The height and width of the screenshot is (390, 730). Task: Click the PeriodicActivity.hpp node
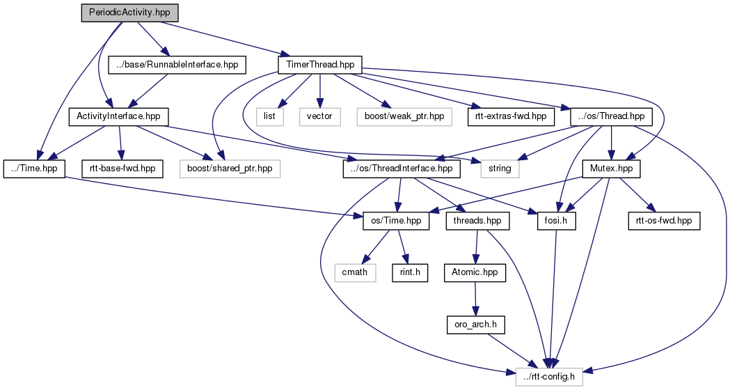point(129,13)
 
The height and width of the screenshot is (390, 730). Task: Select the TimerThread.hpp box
point(319,65)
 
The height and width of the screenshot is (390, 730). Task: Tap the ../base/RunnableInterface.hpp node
point(178,65)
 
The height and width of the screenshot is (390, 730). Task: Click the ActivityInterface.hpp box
point(119,116)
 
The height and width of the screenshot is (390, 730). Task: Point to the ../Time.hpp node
point(35,168)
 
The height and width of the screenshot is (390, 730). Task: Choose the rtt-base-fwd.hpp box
point(122,168)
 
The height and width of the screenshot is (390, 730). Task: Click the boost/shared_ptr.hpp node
point(225,168)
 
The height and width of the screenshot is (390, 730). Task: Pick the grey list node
point(270,116)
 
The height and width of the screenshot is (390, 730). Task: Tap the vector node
point(319,116)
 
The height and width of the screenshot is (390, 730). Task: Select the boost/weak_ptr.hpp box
point(399,116)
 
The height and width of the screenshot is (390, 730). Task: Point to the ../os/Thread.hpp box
point(610,116)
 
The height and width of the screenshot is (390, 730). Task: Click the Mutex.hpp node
point(610,168)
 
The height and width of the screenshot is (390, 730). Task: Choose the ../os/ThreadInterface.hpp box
point(402,168)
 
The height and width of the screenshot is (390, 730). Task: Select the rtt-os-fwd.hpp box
point(664,221)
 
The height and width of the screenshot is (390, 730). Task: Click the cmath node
point(354,272)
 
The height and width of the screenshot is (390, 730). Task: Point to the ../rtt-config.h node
point(550,377)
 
